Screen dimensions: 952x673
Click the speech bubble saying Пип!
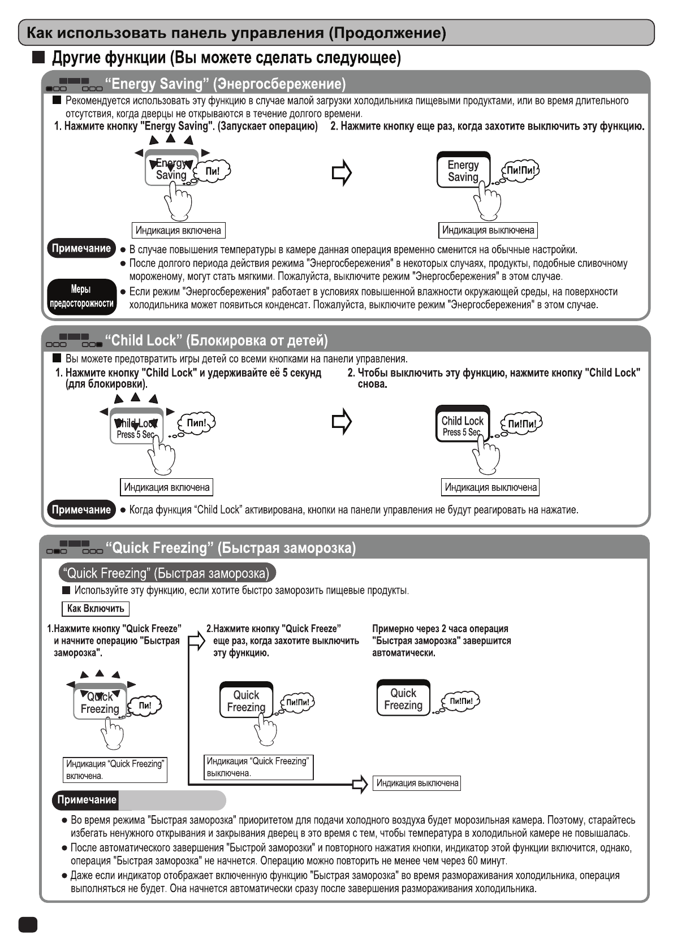(197, 423)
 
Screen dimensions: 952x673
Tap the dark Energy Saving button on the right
(463, 170)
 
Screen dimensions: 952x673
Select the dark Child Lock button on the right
(462, 424)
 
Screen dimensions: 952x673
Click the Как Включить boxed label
(95, 608)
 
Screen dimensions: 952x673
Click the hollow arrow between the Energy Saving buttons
(342, 173)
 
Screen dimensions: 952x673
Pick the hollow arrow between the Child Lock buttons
(342, 422)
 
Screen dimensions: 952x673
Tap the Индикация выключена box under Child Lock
(490, 487)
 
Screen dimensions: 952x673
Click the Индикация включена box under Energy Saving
(178, 230)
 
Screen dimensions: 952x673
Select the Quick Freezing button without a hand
(403, 699)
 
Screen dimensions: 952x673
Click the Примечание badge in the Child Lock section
(81, 510)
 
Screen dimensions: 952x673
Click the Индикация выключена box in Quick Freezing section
(417, 783)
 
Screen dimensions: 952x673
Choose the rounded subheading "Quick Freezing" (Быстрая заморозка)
(167, 573)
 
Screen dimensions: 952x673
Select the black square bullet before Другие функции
(38, 58)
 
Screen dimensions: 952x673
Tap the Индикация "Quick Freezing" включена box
(115, 769)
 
